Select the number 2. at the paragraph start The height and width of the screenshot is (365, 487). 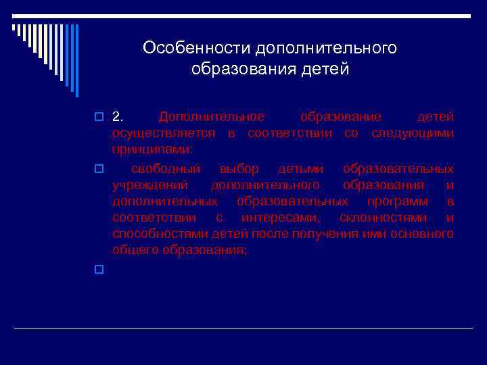pos(118,117)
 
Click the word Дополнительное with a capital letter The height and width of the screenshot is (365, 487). pos(212,117)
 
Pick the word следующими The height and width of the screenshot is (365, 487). pos(412,133)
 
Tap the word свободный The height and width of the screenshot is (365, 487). pos(164,168)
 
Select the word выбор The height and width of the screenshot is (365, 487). pos(239,168)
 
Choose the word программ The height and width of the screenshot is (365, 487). pos(398,201)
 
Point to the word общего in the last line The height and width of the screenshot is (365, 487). pos(135,250)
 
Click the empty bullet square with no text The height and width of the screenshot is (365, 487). pos(99,270)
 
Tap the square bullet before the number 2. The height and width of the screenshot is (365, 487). pos(99,118)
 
